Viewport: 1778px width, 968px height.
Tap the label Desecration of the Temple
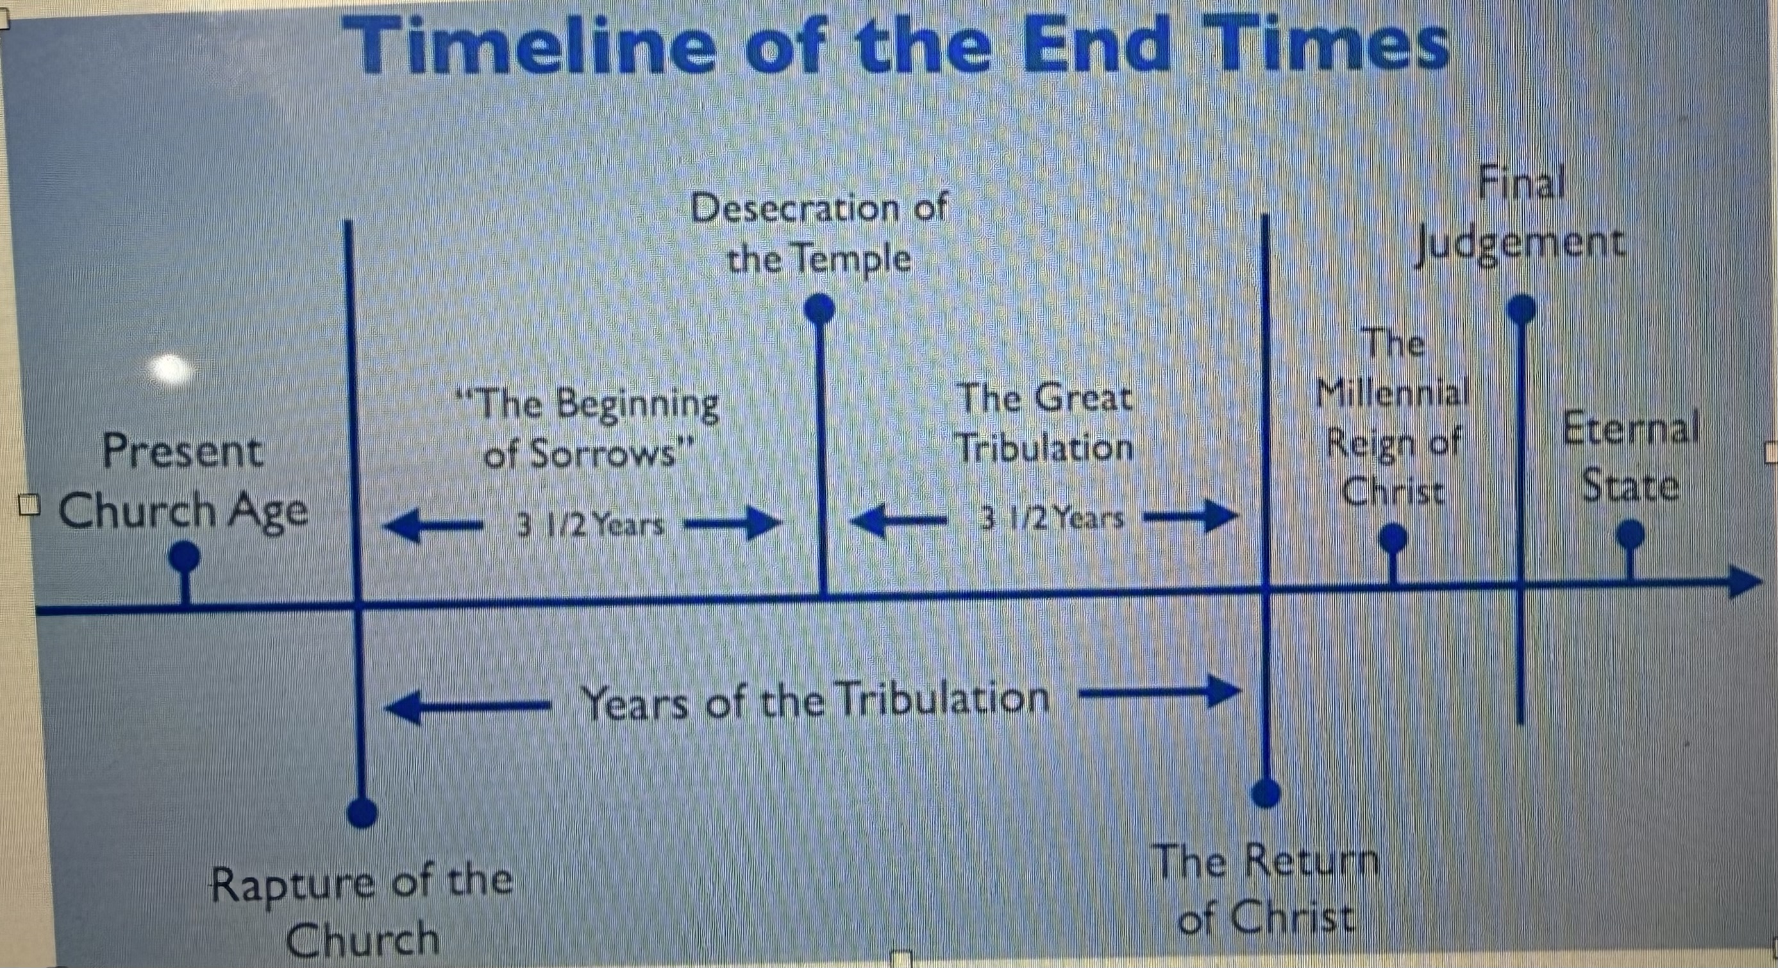click(x=819, y=234)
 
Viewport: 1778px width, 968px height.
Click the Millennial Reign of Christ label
click(x=1393, y=425)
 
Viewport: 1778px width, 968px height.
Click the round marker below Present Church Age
click(x=184, y=554)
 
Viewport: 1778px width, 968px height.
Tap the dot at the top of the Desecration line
click(x=821, y=308)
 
